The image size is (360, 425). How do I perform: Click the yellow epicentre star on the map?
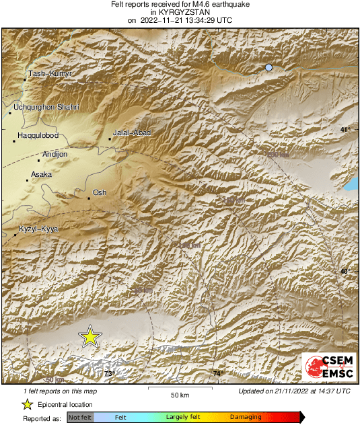point(89,337)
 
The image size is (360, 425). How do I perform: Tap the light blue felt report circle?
point(269,68)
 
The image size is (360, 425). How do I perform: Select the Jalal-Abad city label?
point(132,133)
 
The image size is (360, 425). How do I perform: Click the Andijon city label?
point(55,155)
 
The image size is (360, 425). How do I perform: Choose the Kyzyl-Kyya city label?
point(39,229)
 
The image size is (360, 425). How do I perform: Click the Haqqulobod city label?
point(38,136)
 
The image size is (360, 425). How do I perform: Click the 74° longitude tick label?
point(217,373)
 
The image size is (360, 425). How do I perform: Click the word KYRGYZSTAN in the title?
point(180,12)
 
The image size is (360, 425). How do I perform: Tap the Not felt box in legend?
point(81,417)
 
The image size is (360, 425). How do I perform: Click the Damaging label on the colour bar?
point(246,417)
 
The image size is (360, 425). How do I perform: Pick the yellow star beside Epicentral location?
point(27,404)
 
